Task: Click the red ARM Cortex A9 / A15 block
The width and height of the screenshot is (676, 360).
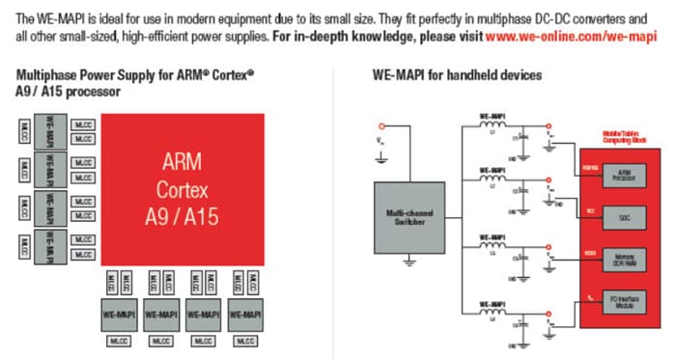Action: click(183, 188)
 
